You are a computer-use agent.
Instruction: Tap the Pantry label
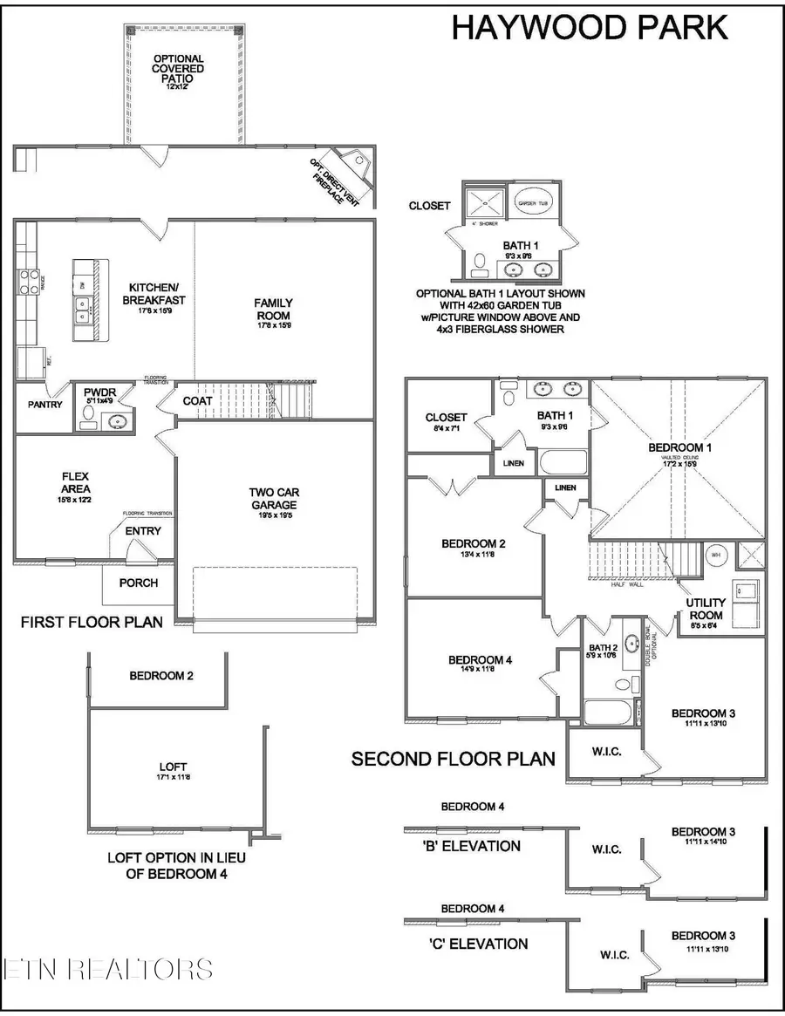(x=44, y=404)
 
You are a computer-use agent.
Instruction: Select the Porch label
(x=139, y=583)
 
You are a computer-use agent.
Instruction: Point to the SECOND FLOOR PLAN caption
(x=453, y=759)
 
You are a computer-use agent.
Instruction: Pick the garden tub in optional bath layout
(x=531, y=202)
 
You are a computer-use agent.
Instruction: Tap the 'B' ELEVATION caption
(x=471, y=846)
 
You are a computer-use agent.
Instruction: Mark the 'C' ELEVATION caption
(x=471, y=943)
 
